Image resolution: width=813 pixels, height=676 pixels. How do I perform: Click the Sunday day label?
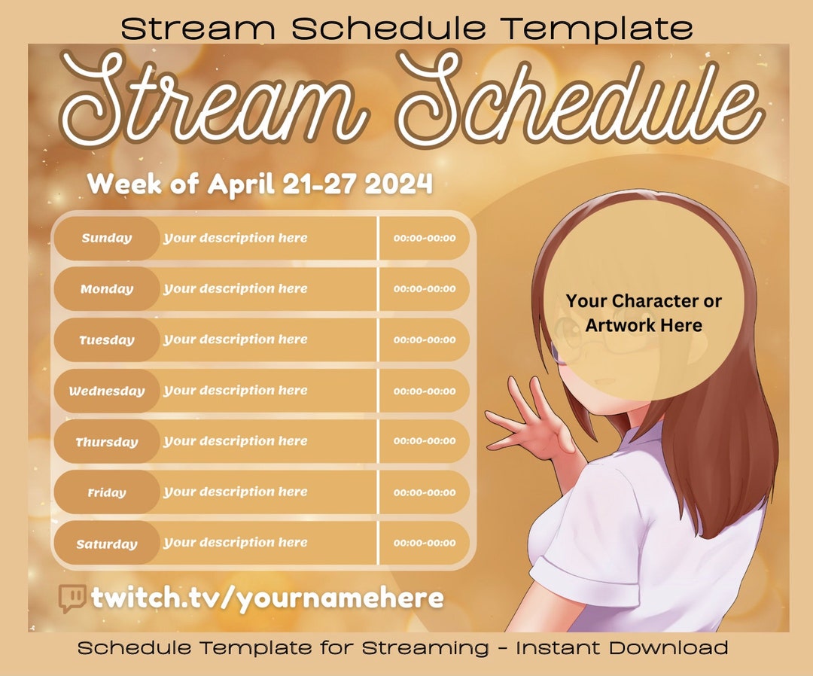(107, 239)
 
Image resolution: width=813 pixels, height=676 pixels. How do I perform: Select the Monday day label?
(107, 289)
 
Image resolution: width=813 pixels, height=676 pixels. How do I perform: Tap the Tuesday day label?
(107, 340)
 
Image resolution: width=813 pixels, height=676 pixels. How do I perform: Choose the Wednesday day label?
(107, 391)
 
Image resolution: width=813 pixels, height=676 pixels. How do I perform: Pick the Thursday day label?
(107, 442)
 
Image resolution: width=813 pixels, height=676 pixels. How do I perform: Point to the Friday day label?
(107, 493)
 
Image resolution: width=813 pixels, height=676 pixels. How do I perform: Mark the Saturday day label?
(107, 544)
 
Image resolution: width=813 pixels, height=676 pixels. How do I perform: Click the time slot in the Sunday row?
(425, 239)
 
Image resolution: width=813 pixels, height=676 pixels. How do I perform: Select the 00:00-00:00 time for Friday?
(425, 493)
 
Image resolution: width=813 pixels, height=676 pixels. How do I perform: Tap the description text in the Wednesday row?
(236, 391)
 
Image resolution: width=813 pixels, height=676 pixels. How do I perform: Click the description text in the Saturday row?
(236, 543)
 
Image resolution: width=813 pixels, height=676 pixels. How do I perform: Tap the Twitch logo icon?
(72, 598)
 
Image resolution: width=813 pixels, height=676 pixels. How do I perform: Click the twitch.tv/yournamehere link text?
(267, 598)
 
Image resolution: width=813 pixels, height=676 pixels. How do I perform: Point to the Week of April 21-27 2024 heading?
(260, 184)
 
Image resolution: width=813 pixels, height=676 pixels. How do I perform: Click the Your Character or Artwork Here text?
(644, 313)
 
